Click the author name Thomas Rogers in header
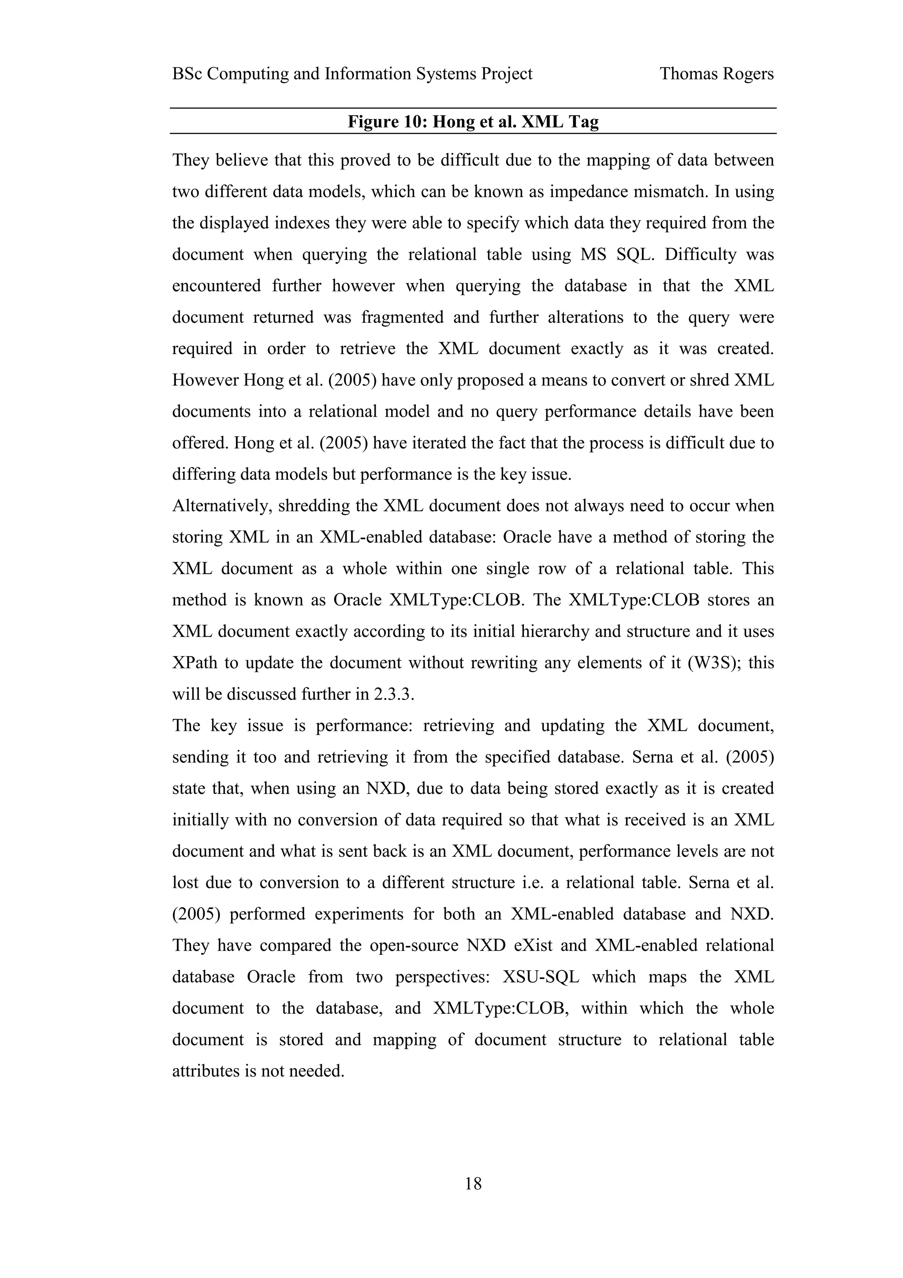[716, 74]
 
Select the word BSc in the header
[187, 74]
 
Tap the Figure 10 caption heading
[473, 121]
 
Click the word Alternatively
[220, 506]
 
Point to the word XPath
[194, 663]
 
